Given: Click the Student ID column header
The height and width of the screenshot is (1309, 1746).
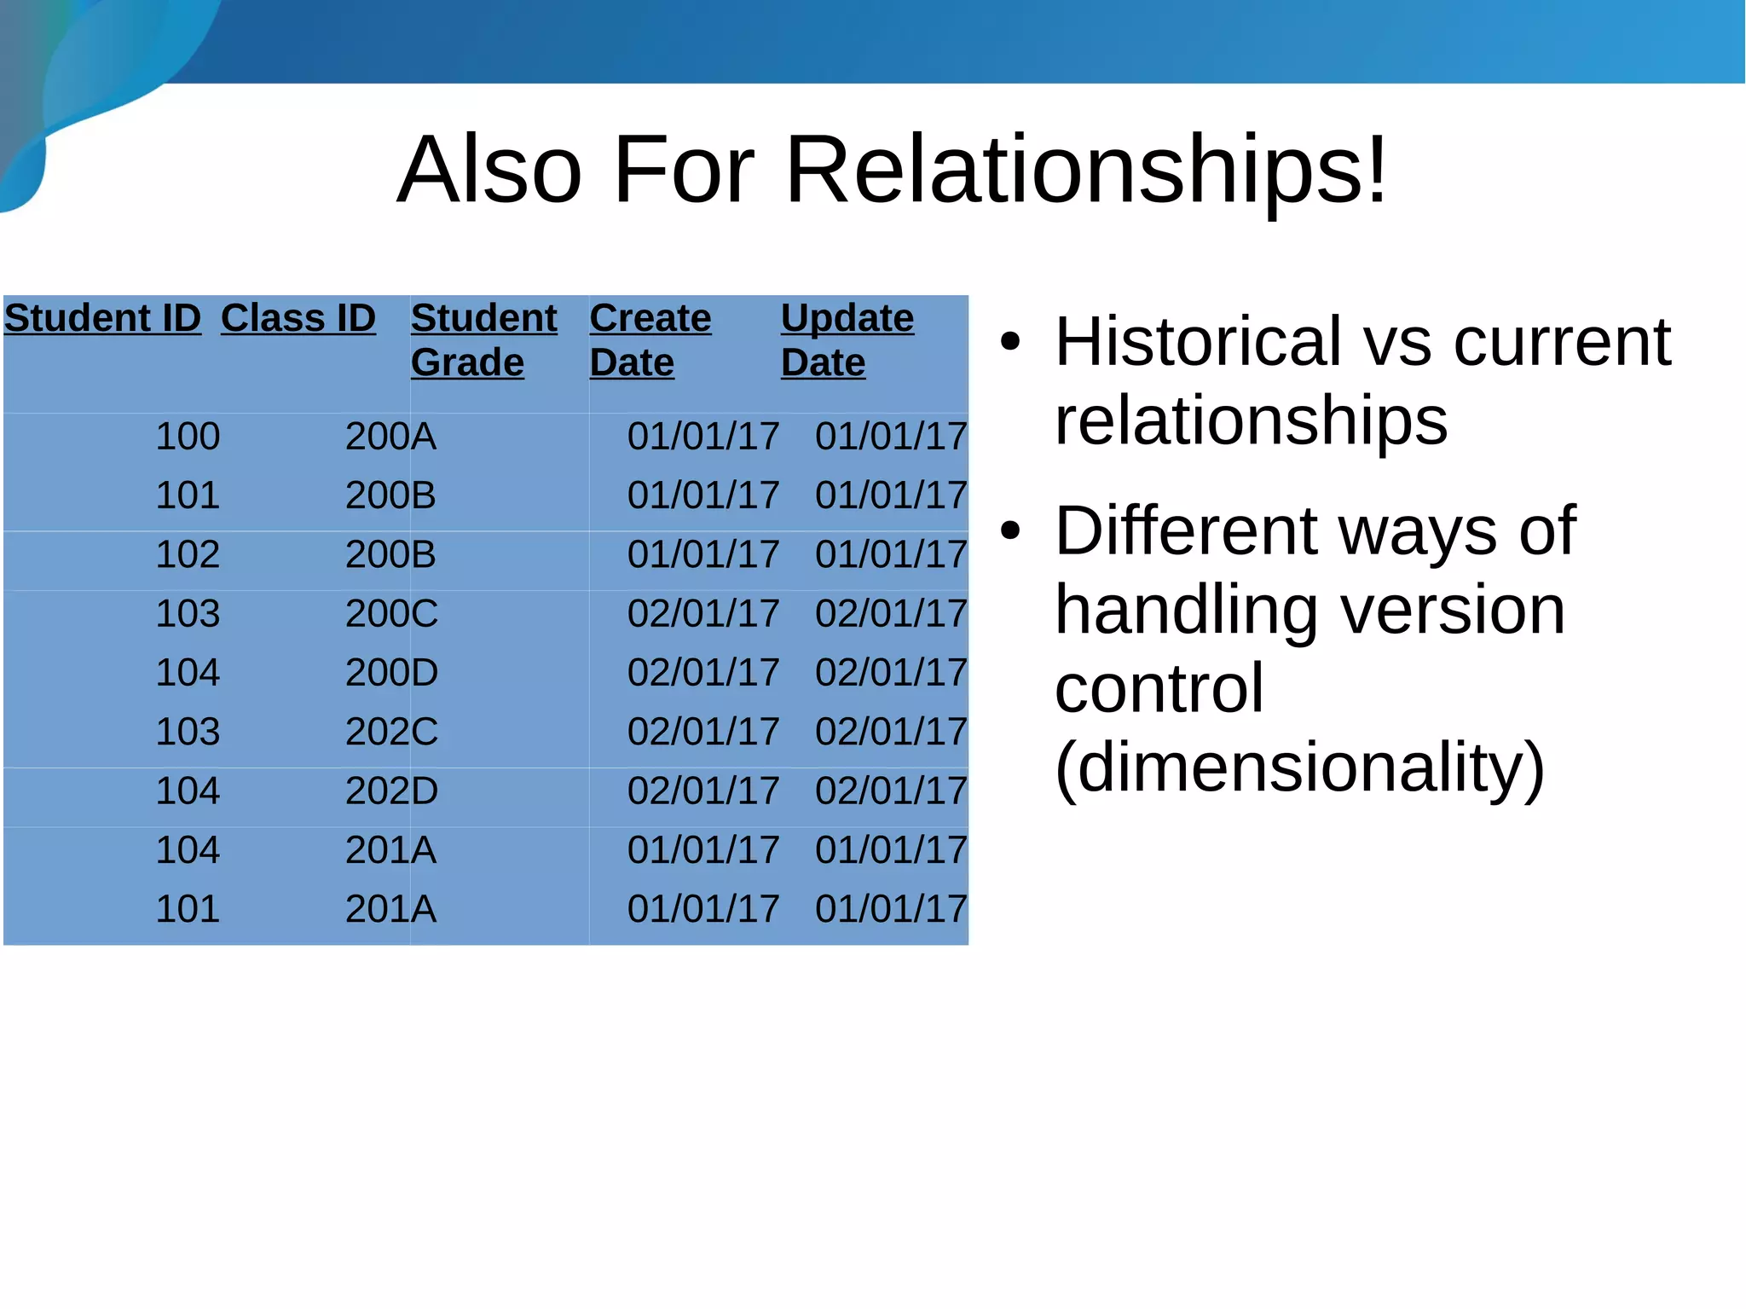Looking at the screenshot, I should pyautogui.click(x=102, y=318).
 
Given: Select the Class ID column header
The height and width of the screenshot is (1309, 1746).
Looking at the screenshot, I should pyautogui.click(x=298, y=318).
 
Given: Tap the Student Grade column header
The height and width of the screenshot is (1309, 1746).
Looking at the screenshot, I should pyautogui.click(x=483, y=339).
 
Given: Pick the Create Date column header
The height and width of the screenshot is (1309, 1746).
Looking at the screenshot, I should pyautogui.click(x=650, y=339).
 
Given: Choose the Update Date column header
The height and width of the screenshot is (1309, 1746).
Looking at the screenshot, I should pyautogui.click(x=847, y=339).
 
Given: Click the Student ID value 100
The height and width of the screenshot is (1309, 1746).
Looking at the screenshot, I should pyautogui.click(x=188, y=437).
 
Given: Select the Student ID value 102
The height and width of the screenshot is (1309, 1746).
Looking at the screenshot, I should pyautogui.click(x=188, y=554).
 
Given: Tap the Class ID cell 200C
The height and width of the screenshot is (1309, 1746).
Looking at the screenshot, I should pyautogui.click(x=391, y=614).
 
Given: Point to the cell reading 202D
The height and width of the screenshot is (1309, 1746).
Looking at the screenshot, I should pyautogui.click(x=391, y=791).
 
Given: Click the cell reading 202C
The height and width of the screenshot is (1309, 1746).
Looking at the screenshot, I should pyautogui.click(x=391, y=732).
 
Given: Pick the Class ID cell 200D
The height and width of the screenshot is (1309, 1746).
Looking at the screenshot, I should pyautogui.click(x=391, y=673).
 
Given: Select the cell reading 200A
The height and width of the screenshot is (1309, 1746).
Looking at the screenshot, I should pyautogui.click(x=390, y=437).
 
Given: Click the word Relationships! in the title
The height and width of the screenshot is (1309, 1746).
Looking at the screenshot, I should pyautogui.click(x=1086, y=171).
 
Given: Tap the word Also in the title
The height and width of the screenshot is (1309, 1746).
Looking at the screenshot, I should pyautogui.click(x=489, y=171).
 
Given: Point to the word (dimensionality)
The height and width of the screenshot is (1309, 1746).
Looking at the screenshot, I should pyautogui.click(x=1299, y=767).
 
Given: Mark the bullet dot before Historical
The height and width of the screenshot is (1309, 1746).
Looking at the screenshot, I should pyautogui.click(x=1010, y=342).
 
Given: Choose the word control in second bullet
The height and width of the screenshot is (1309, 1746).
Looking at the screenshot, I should pyautogui.click(x=1159, y=688).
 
